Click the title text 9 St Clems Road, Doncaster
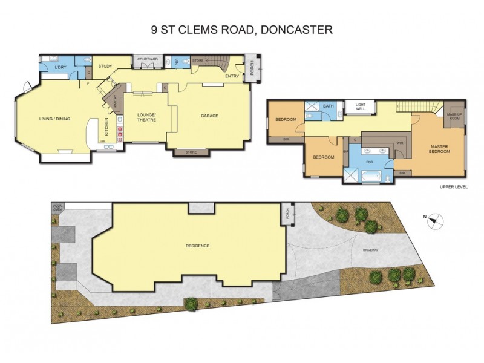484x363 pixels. (x=241, y=29)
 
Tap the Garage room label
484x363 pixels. (x=209, y=116)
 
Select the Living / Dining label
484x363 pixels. (x=55, y=119)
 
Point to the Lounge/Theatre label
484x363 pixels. (x=146, y=117)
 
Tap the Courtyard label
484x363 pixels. (x=148, y=59)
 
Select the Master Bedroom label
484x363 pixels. (x=440, y=149)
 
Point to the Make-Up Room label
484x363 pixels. (x=454, y=116)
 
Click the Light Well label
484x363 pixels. (x=361, y=106)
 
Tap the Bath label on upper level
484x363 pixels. (x=328, y=106)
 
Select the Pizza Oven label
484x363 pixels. (x=57, y=209)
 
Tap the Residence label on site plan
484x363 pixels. (x=197, y=246)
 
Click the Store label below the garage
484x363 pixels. (x=191, y=152)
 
